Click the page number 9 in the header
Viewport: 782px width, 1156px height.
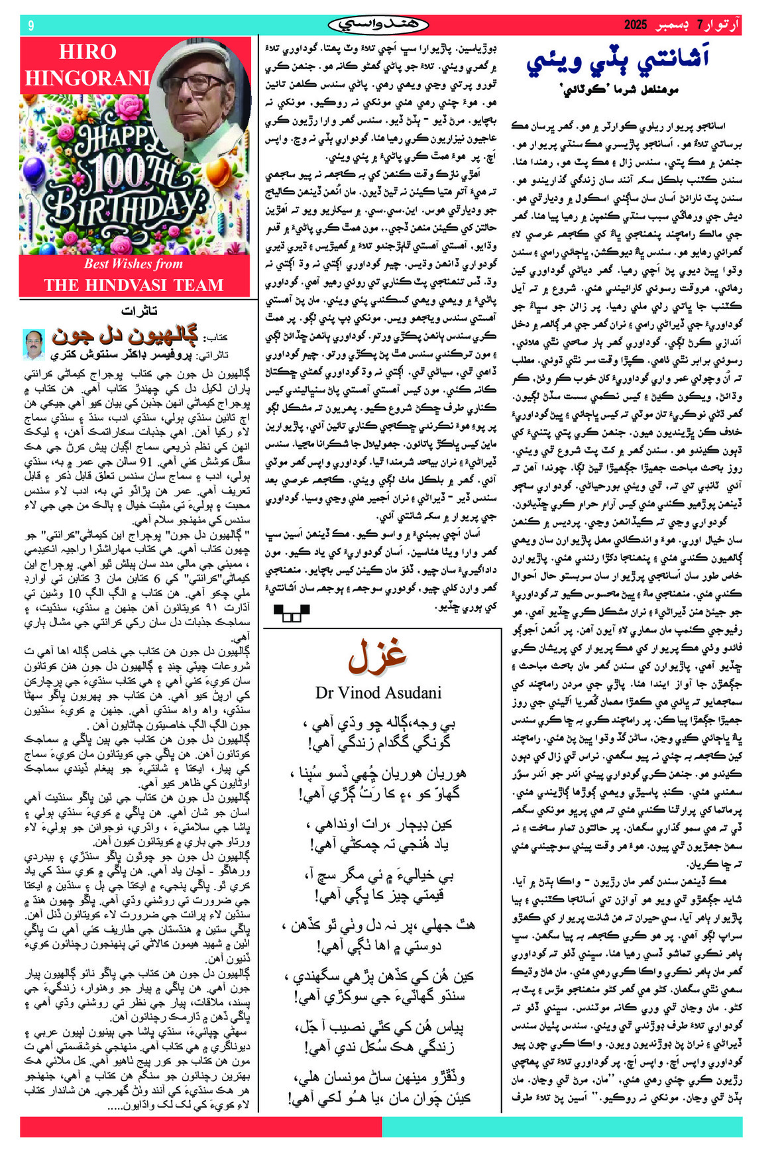pos(30,26)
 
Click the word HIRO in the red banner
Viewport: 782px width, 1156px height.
pos(87,52)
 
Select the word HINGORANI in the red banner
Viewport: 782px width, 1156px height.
pos(87,78)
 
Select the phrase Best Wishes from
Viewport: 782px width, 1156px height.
pos(133,264)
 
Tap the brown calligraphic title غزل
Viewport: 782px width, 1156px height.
pos(377,656)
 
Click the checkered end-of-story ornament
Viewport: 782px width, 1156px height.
pos(291,612)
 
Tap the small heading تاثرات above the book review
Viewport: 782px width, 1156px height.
pos(139,311)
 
